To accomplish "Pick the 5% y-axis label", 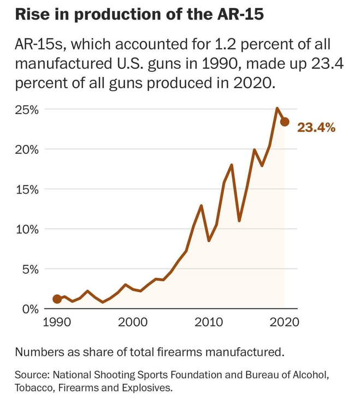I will pos(28,269).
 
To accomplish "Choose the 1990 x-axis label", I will pos(57,322).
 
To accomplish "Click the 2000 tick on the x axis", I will pos(132,322).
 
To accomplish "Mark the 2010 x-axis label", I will pos(208,322).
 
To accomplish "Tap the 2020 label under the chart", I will pos(284,322).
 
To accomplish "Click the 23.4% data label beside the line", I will pos(316,128).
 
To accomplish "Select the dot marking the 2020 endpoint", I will pos(285,121).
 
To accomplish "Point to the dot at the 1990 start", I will pos(57,299).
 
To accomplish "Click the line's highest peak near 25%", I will pos(277,108).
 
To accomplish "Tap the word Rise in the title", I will pos(31,15).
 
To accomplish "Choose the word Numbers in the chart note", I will pos(38,352).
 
